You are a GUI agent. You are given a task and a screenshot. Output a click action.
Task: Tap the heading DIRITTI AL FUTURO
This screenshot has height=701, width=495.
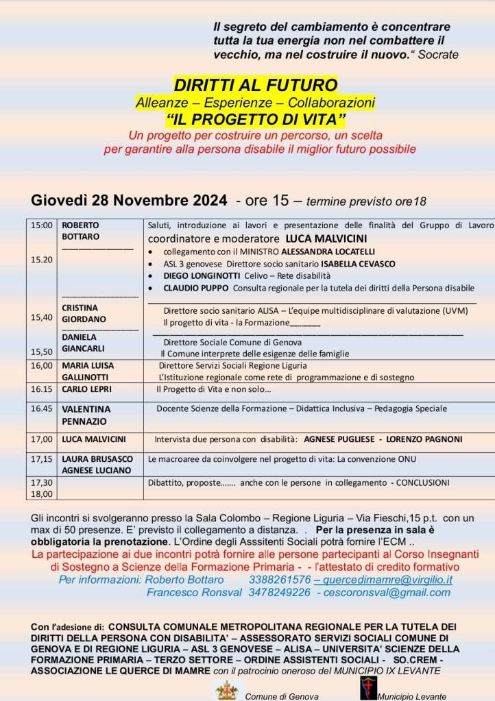click(256, 85)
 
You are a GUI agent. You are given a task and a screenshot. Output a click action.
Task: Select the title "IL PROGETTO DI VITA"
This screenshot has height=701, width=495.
click(255, 119)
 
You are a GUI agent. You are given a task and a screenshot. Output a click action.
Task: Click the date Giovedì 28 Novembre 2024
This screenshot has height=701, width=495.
click(129, 201)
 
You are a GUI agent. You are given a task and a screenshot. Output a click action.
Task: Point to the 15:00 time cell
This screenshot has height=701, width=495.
click(40, 225)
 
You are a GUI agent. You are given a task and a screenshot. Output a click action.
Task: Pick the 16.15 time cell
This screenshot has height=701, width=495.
click(41, 389)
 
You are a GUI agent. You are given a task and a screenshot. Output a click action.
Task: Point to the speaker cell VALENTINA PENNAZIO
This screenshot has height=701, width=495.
click(86, 415)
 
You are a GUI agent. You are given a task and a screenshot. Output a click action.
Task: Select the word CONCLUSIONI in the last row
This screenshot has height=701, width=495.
click(423, 482)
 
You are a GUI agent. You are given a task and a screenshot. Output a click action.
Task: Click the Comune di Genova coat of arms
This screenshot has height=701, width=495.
click(226, 690)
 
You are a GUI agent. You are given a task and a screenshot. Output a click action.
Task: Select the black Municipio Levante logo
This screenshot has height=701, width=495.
click(368, 688)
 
